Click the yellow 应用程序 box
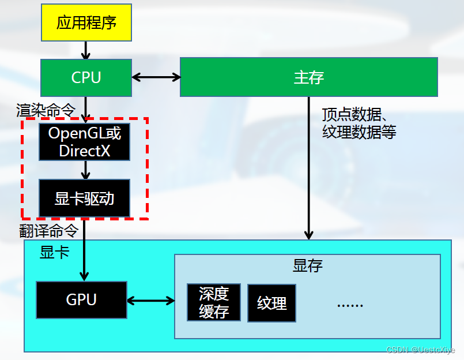[x=86, y=22]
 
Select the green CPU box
[x=86, y=77]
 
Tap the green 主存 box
[x=308, y=77]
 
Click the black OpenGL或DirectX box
[x=85, y=142]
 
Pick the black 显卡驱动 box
[x=85, y=198]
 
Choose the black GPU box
[x=81, y=300]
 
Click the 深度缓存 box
[x=214, y=303]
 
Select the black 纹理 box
[x=271, y=303]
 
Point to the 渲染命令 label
[x=46, y=110]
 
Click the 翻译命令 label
[x=48, y=231]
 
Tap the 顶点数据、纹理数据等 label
[x=359, y=123]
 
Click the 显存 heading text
[x=308, y=265]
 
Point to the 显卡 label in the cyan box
[x=55, y=252]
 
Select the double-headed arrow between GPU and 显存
[x=150, y=301]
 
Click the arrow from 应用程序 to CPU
[x=86, y=50]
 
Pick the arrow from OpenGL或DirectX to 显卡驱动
[x=85, y=170]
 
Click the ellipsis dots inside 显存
[x=350, y=304]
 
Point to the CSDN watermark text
[x=420, y=350]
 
